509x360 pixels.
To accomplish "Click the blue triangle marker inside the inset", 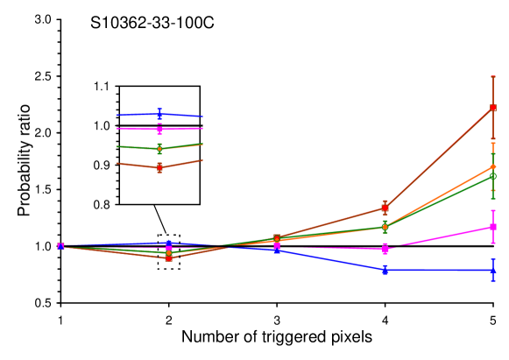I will point(159,114).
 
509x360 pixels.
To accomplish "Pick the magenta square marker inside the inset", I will point(159,128).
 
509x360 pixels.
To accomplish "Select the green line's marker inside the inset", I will point(159,148).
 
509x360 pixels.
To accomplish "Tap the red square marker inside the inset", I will point(159,167).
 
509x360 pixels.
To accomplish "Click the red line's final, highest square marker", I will point(493,108).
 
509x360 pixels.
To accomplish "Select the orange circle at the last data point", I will point(493,166).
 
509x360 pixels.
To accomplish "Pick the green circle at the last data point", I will point(493,176).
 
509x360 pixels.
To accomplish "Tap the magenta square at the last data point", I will point(493,227).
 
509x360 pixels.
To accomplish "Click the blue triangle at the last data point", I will point(493,270).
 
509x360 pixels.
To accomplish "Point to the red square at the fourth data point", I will point(385,208).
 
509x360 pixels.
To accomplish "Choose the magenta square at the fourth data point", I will point(385,249).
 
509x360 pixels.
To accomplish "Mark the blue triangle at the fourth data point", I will point(385,270).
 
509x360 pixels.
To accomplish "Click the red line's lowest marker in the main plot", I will point(168,258).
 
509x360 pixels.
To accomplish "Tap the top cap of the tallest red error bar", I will point(493,76).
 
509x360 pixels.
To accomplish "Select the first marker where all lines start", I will point(60,246).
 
